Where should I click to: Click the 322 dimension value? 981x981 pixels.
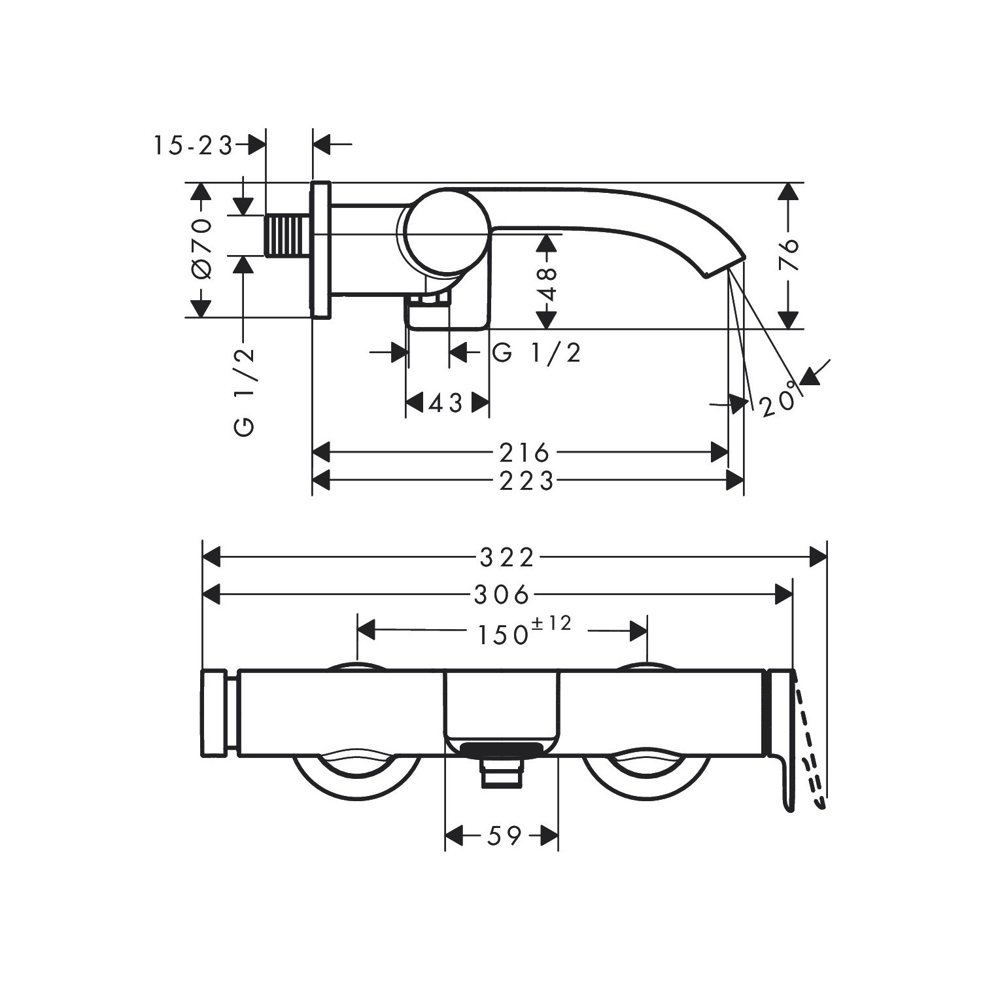pos(508,558)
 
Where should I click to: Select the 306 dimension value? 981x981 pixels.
pos(501,595)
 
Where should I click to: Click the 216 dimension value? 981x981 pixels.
pos(523,452)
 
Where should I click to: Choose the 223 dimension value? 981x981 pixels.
pos(526,481)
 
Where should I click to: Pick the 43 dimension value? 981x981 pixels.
pos(446,404)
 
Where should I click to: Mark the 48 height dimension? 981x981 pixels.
pos(547,283)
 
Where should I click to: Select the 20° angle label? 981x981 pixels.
pos(781,398)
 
